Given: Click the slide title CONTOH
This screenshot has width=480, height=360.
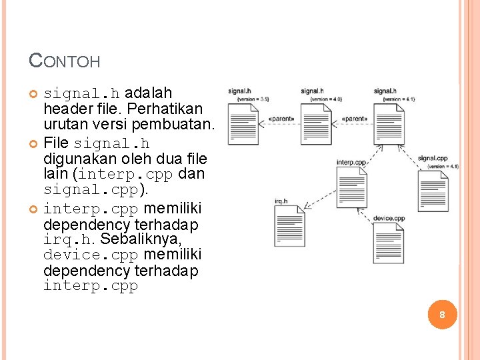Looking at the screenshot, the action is [x=65, y=61].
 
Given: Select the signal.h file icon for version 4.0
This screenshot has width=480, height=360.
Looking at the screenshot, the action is [x=315, y=123].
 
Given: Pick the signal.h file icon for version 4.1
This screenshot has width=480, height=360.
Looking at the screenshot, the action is [x=389, y=123].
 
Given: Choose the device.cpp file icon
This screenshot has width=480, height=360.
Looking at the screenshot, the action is [x=389, y=243].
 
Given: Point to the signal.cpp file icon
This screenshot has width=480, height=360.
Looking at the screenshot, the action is [x=433, y=193].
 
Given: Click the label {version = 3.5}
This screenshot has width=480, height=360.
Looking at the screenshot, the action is [x=253, y=99].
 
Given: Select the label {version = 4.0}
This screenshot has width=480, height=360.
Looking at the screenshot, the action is [x=326, y=99].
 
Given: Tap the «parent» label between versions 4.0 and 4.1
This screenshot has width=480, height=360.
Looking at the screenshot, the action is [x=353, y=119].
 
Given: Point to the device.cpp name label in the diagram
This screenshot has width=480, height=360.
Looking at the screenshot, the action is [x=389, y=218].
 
